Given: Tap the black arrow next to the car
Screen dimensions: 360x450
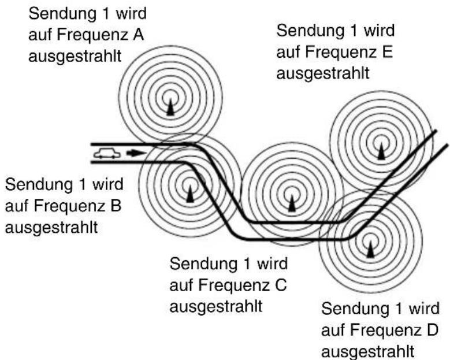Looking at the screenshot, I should [x=134, y=154].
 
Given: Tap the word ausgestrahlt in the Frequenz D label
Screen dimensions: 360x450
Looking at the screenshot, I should [x=369, y=351].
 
